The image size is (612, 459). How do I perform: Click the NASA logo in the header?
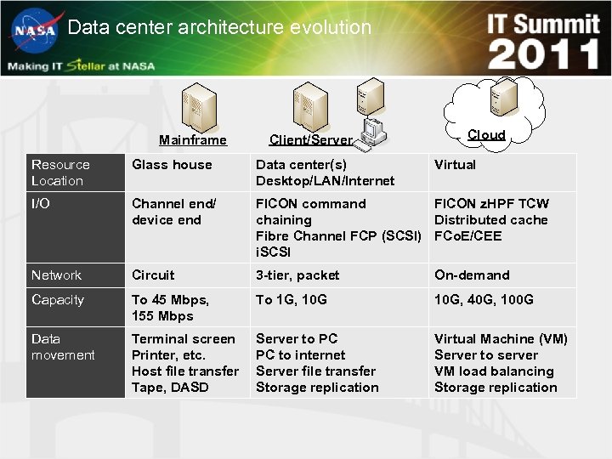point(34,31)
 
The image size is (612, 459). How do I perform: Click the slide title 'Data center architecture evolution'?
point(219,27)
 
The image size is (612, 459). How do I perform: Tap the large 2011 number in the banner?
point(544,54)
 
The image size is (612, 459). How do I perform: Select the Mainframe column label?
point(193,140)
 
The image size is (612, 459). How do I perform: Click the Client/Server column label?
point(310,140)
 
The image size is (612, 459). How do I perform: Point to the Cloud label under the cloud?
point(486,135)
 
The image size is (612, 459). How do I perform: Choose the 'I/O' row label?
point(41,204)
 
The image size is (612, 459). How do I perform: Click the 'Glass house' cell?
point(172,165)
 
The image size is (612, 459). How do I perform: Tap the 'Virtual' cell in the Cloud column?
point(455,165)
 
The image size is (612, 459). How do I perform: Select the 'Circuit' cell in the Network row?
point(153,275)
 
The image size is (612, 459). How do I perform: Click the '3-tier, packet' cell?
point(297,275)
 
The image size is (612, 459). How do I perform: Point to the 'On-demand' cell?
point(472,275)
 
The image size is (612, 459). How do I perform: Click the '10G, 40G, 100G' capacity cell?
point(484,300)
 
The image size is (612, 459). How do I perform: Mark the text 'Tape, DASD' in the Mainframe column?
point(170,388)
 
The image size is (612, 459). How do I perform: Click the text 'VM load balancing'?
point(494,371)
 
